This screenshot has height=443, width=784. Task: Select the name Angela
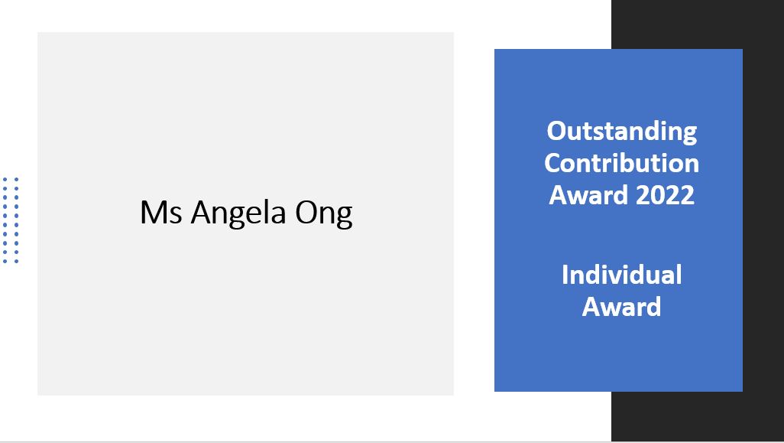[x=238, y=213]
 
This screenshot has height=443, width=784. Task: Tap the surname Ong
[x=324, y=214]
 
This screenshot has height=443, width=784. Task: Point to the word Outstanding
[x=621, y=132]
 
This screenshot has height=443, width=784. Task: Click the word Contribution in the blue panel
[x=621, y=163]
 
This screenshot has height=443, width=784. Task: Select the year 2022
[x=665, y=194]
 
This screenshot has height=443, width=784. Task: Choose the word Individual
[x=621, y=275]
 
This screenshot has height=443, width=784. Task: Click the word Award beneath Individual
[x=621, y=307]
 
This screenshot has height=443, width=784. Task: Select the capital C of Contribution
[x=553, y=164]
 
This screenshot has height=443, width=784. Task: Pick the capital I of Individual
[x=565, y=275]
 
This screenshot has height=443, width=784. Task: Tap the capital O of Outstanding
[x=557, y=131]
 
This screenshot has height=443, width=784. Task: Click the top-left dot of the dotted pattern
[x=5, y=179]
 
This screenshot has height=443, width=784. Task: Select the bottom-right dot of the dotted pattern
[x=17, y=262]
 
